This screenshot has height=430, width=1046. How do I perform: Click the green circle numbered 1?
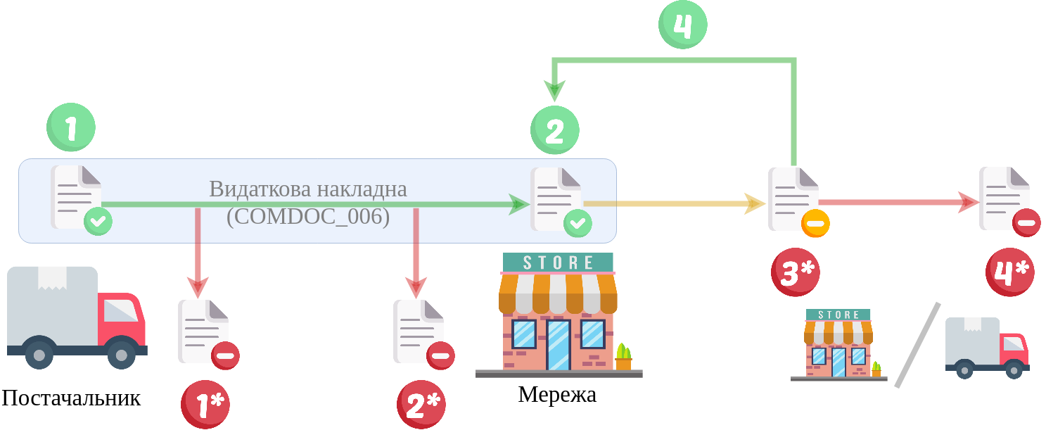coord(71,127)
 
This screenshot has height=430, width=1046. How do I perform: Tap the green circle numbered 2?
coord(554,130)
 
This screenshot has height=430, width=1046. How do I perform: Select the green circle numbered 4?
coord(682,25)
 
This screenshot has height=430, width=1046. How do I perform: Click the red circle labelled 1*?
coord(205,404)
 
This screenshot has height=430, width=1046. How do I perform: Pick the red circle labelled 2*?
coord(421,404)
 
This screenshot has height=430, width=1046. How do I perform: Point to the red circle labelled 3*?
coord(796,272)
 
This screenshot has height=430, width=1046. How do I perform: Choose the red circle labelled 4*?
coord(1010,272)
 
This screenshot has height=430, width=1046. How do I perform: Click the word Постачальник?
coord(71,398)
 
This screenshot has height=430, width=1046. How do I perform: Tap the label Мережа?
coord(557,395)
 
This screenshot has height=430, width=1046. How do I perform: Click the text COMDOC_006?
coord(308,216)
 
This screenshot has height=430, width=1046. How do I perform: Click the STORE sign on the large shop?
coord(558,263)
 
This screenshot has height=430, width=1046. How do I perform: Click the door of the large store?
coord(558,345)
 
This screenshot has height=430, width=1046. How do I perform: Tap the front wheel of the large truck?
coord(122,354)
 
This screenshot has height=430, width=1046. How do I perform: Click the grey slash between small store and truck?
coord(917,345)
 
